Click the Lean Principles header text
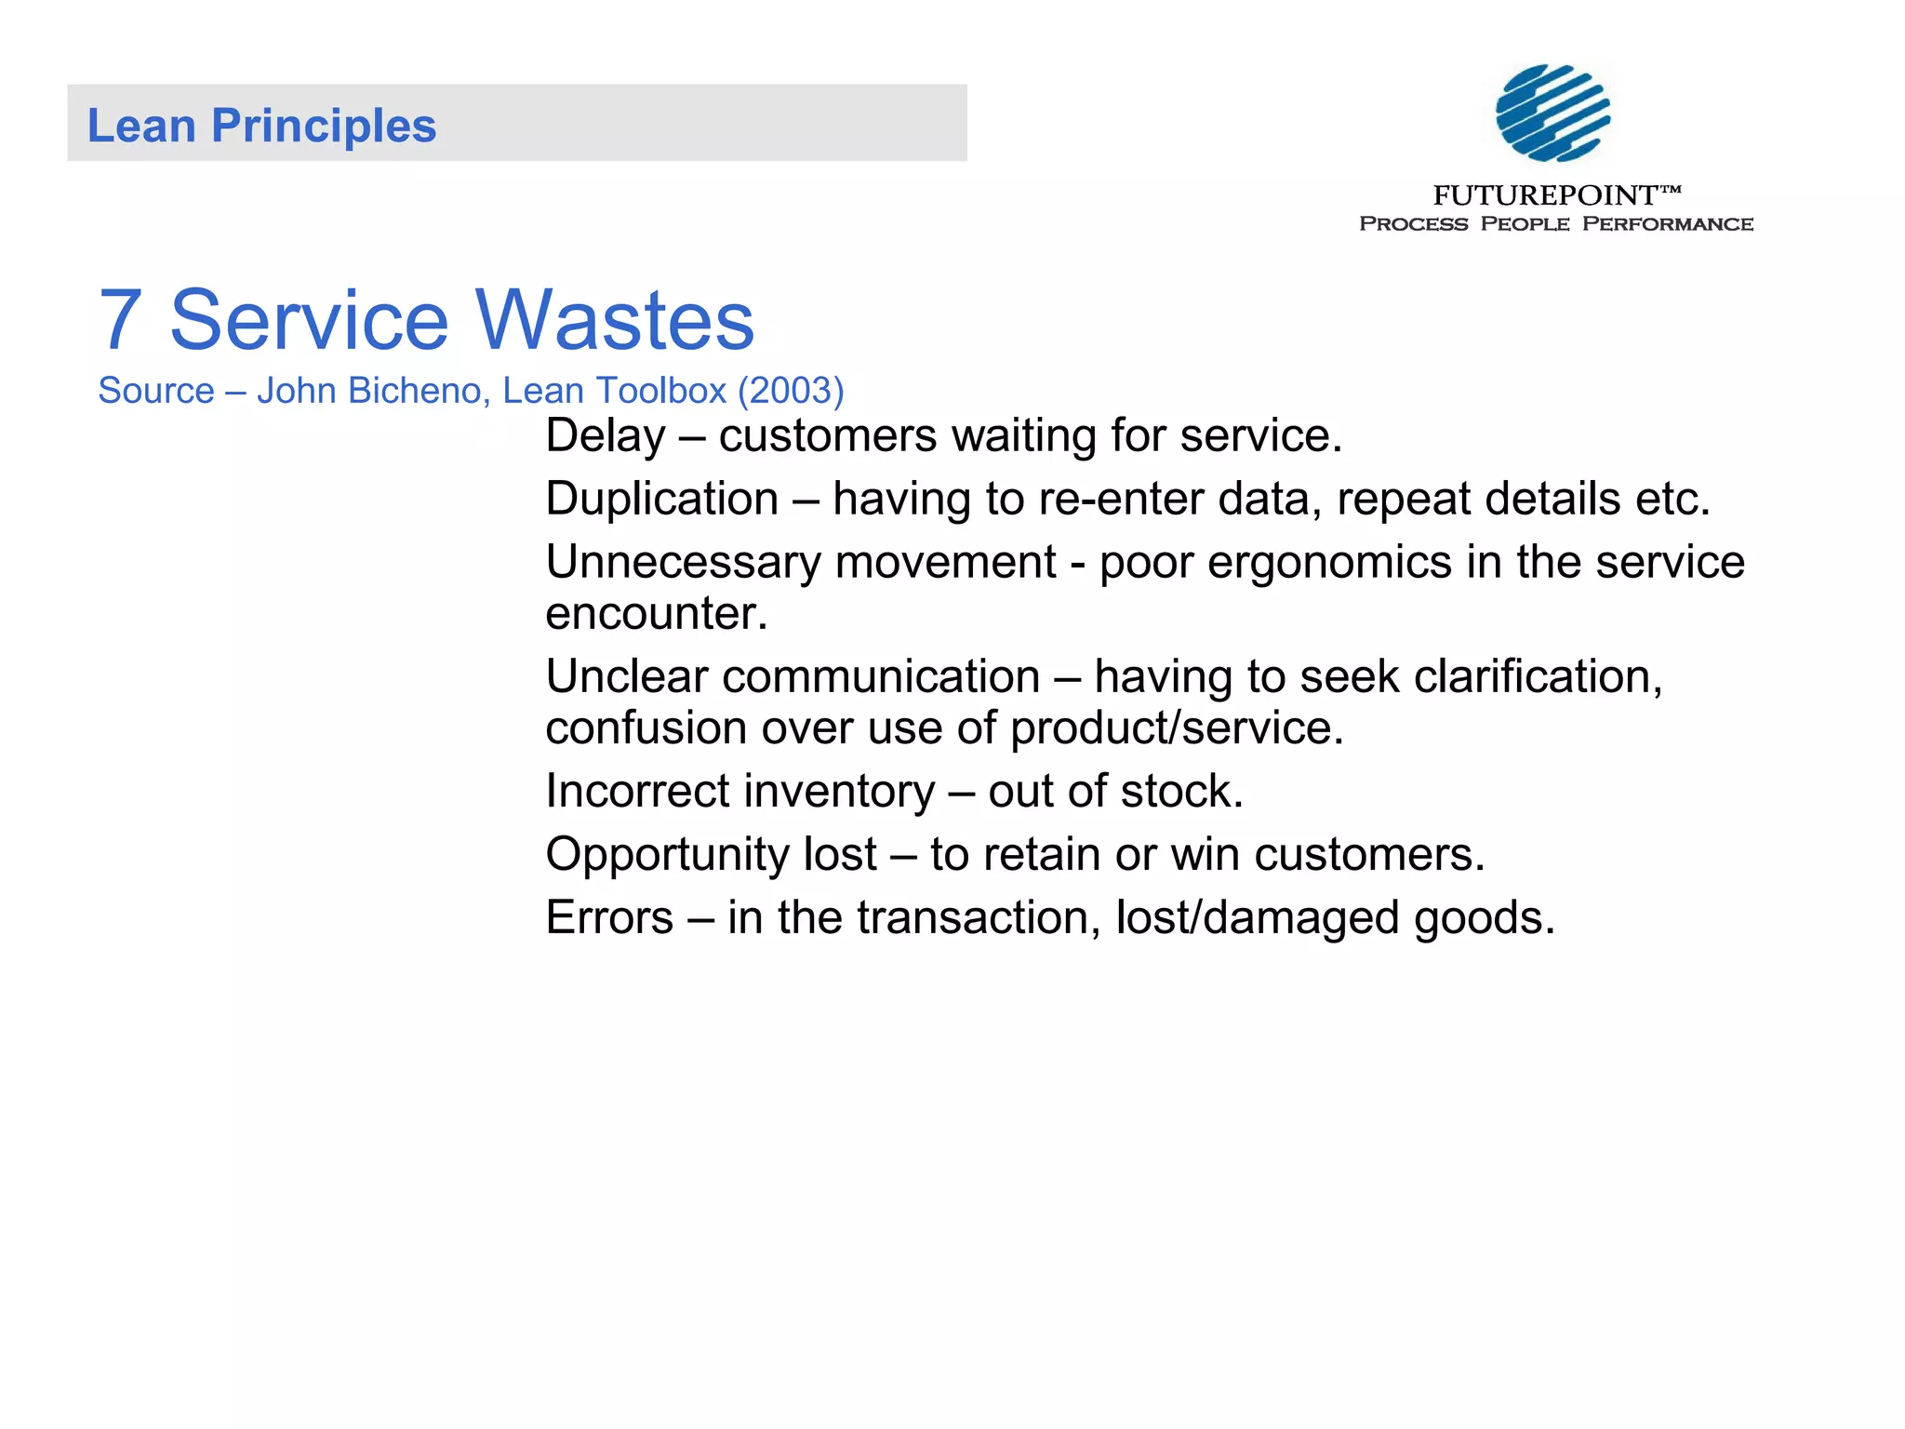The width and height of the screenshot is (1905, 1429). pos(261,126)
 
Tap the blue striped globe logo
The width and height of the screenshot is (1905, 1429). pos(1552,113)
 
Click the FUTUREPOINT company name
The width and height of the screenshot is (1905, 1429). pos(1545,195)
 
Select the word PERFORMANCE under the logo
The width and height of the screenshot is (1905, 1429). pos(1668,224)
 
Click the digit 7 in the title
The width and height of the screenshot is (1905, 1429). pos(121,321)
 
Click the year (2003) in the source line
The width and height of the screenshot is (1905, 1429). pos(791,391)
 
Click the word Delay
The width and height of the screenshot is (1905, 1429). pos(606,436)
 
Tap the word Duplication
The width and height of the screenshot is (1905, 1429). pos(662,500)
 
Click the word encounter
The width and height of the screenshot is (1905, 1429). pos(656,614)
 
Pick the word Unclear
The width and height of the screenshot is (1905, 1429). pos(626,676)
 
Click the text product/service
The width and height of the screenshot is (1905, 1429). pos(1177,728)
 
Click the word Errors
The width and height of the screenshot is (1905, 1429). pos(609,918)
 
